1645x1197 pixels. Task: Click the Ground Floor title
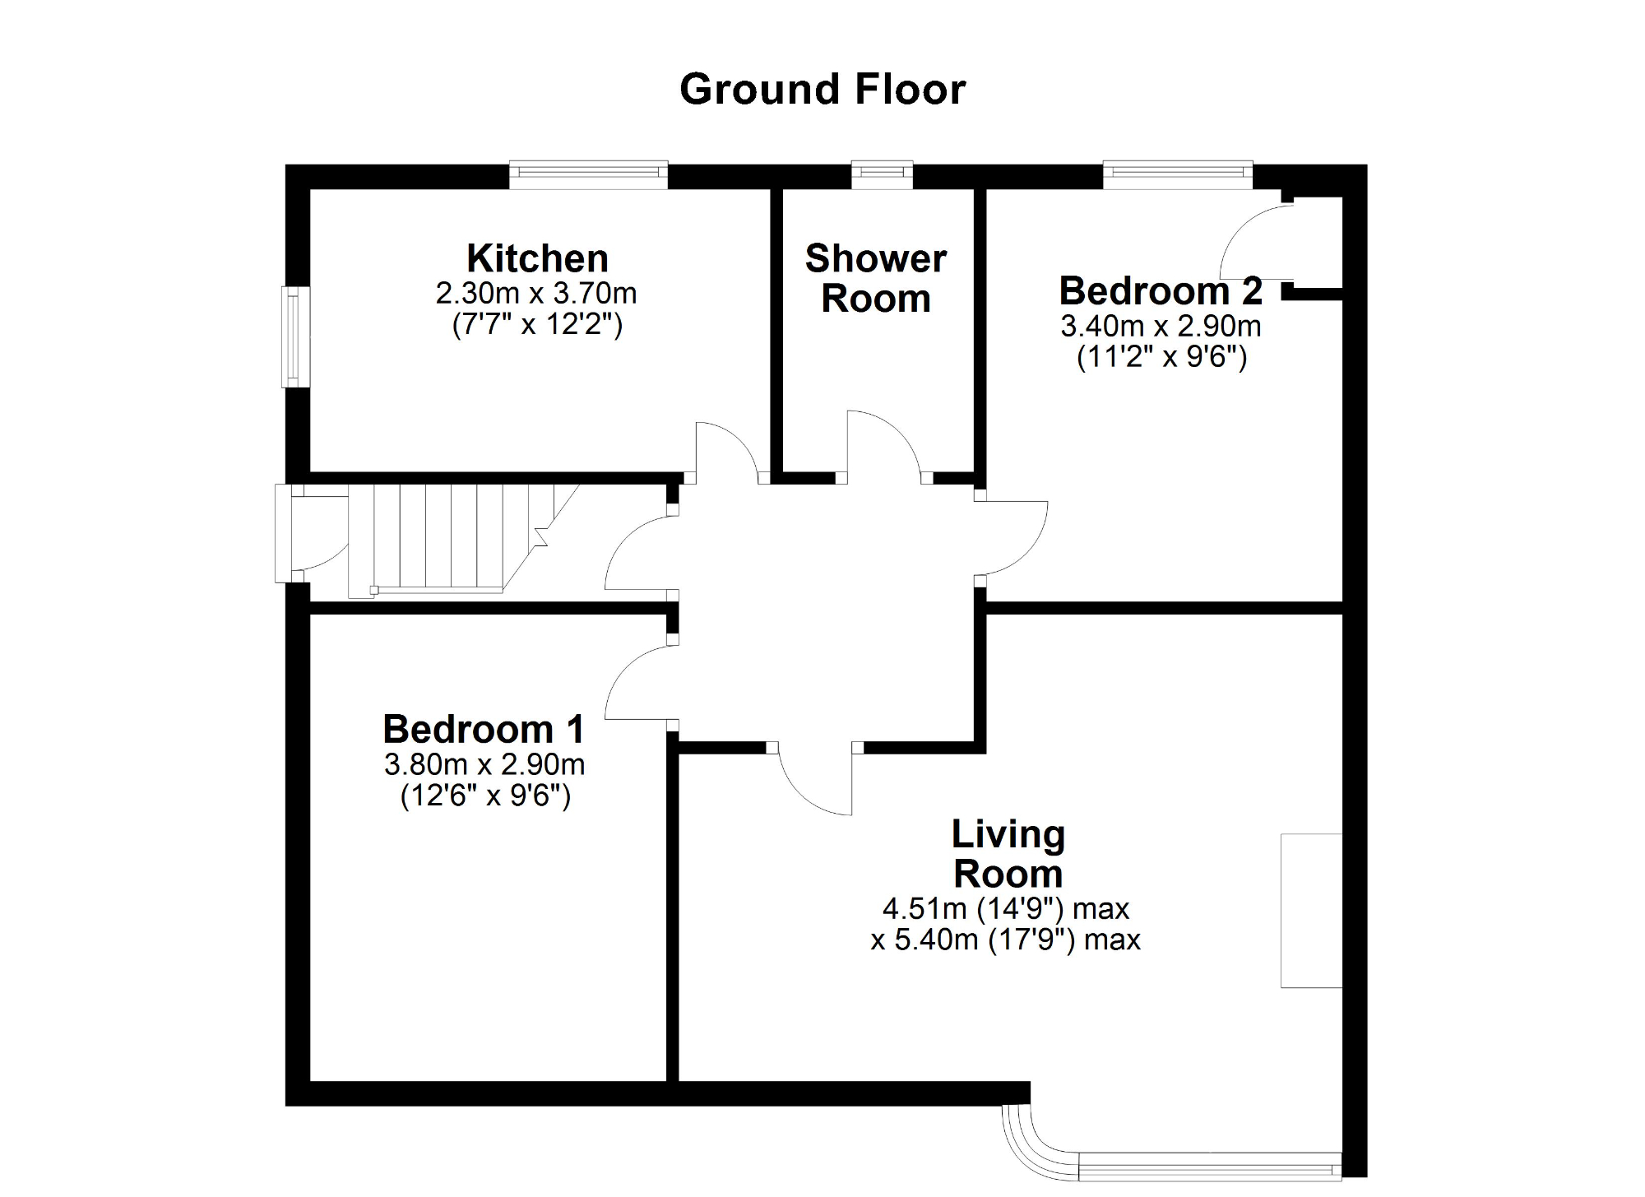(x=822, y=90)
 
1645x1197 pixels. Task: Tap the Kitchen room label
(x=537, y=259)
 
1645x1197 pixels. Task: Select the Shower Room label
(x=876, y=278)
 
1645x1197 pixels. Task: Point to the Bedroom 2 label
(x=1160, y=291)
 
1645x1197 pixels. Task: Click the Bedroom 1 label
(x=484, y=730)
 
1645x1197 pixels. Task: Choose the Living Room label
(x=1008, y=854)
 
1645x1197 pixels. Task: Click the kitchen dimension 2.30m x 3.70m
(x=536, y=294)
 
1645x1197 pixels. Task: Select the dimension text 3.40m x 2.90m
(x=1161, y=327)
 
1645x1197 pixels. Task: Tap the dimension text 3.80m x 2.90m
(x=484, y=765)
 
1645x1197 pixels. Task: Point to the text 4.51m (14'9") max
(x=1006, y=909)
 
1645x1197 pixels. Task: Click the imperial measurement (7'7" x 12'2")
(x=537, y=325)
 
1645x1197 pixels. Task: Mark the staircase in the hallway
(x=461, y=539)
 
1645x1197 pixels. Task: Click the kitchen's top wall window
(x=588, y=172)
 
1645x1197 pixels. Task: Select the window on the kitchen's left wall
(x=294, y=336)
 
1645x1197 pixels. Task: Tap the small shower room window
(x=882, y=172)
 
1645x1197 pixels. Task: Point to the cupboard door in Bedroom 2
(x=1254, y=243)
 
